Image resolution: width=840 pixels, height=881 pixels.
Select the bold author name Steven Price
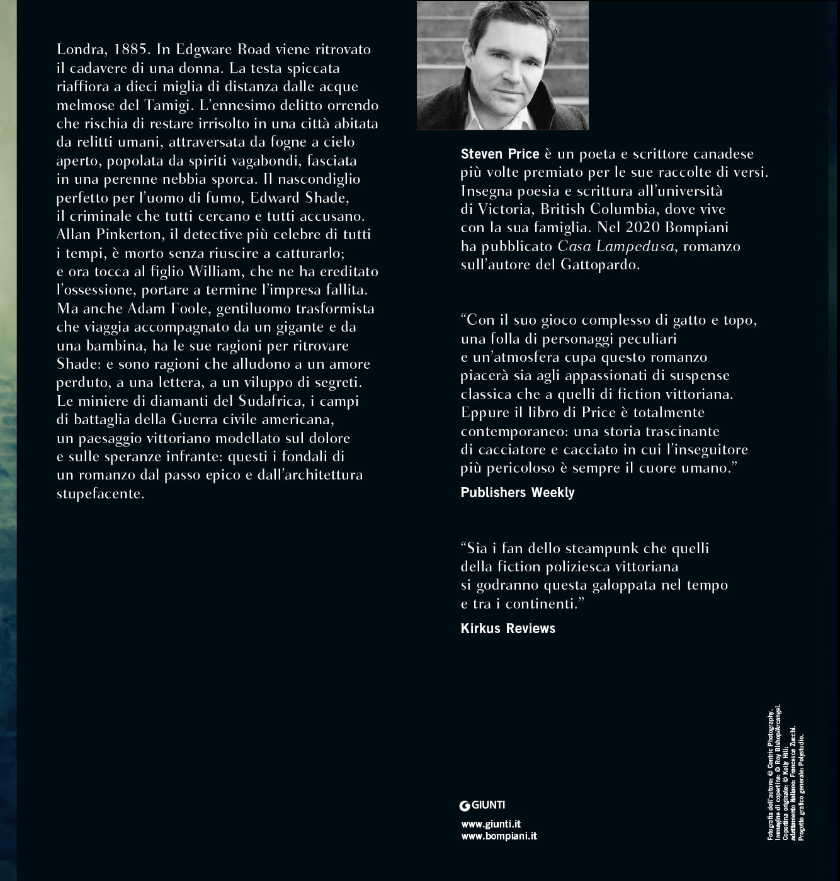point(500,154)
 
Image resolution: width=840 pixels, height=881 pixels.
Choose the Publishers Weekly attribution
point(518,493)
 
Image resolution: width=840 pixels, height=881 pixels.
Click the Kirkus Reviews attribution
point(508,628)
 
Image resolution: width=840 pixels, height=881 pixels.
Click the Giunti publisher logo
point(483,804)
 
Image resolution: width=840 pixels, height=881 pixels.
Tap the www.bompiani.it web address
point(499,836)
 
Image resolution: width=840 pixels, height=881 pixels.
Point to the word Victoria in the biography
point(496,209)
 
